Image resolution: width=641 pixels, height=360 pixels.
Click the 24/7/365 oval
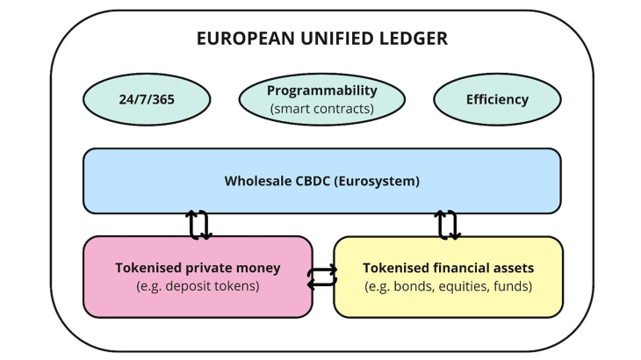click(146, 99)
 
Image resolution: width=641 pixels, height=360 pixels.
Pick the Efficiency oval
click(497, 99)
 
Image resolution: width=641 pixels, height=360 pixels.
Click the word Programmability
click(322, 90)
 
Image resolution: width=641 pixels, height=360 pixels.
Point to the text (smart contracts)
click(322, 109)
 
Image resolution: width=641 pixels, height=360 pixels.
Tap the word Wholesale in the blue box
click(256, 182)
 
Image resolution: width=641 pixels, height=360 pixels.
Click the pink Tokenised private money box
click(198, 276)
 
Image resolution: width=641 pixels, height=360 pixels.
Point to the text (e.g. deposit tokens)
click(198, 286)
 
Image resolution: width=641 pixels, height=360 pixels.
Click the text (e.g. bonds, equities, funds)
click(448, 286)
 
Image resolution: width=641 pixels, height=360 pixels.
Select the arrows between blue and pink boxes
click(199, 225)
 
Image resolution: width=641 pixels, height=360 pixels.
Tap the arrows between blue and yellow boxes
click(447, 225)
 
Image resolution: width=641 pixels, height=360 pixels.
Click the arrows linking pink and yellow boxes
click(322, 277)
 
